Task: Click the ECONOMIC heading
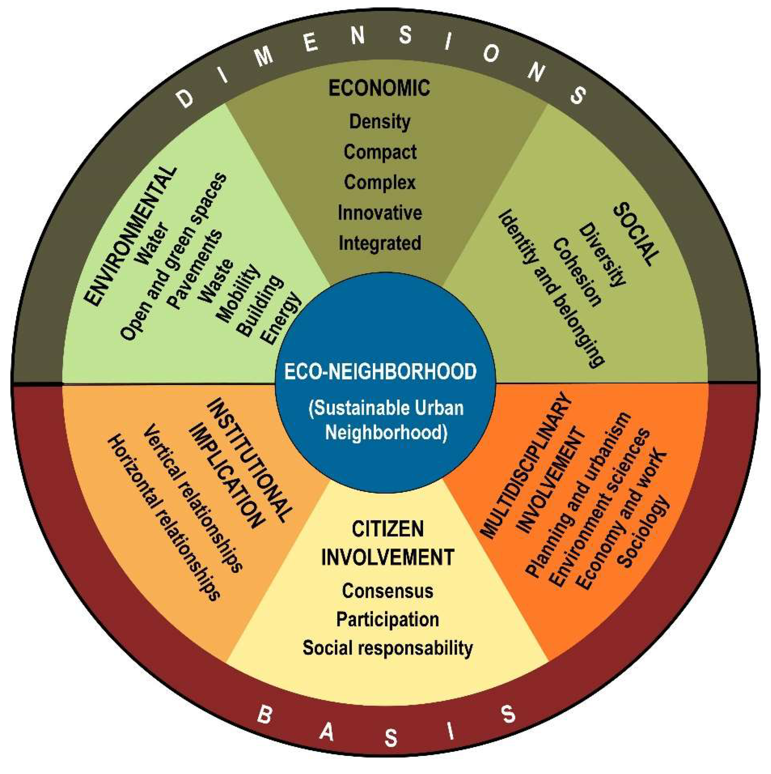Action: point(379,88)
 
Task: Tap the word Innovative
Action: point(379,213)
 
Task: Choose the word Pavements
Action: point(195,269)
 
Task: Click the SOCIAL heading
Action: point(636,234)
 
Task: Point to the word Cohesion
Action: point(577,272)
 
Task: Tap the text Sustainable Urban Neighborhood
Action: point(386,420)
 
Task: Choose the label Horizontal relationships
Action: point(163,519)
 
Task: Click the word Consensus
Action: point(387,591)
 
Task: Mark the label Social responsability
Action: point(387,647)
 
